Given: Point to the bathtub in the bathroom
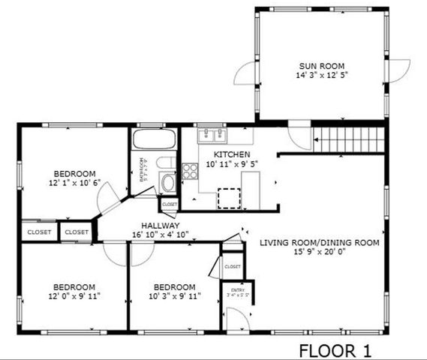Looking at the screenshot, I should [x=154, y=140].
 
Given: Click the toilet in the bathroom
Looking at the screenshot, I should [x=170, y=165].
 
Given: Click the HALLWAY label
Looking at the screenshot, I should [x=160, y=225].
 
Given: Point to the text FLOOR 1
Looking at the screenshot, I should [x=335, y=349].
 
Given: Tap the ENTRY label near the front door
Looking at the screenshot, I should [x=238, y=289].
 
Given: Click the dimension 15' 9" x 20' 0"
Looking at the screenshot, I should [x=320, y=253].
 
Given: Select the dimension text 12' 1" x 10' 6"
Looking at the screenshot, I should [x=74, y=182].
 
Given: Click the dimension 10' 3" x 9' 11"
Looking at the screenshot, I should [x=174, y=296].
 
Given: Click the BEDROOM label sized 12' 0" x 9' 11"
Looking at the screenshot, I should [x=74, y=286].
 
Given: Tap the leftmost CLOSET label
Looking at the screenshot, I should [x=39, y=232].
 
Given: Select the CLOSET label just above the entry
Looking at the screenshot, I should [x=233, y=266].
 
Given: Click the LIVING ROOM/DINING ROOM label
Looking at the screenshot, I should [x=320, y=243].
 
